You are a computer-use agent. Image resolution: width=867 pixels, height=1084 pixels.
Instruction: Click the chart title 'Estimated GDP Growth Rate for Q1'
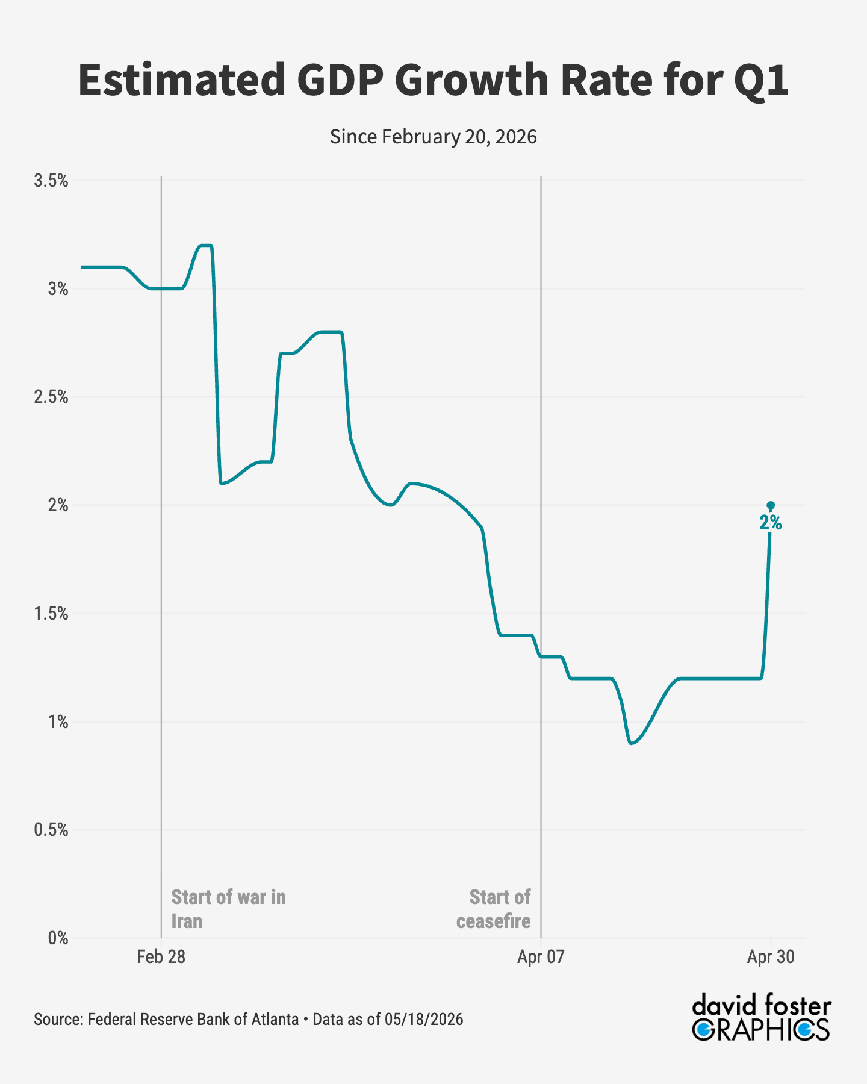click(433, 80)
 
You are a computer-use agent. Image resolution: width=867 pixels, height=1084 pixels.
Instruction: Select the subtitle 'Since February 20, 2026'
click(433, 137)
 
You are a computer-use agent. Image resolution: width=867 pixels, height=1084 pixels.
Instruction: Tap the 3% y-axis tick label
click(58, 289)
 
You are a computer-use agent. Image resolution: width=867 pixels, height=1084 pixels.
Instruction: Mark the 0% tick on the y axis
click(58, 938)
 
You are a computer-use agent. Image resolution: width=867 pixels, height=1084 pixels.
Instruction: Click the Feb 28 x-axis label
click(161, 957)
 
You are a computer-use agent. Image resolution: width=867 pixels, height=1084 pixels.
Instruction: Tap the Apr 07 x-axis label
click(541, 957)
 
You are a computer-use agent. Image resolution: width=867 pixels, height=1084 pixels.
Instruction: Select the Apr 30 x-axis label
click(771, 957)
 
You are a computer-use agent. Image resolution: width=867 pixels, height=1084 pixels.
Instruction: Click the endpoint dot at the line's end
click(771, 505)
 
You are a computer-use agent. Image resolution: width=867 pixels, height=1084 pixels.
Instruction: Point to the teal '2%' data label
click(771, 523)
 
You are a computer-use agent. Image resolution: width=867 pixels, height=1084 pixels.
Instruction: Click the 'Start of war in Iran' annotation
click(229, 909)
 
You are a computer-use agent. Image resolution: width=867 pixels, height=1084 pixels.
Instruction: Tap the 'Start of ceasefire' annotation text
click(494, 909)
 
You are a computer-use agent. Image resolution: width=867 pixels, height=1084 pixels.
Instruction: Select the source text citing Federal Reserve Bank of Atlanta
click(249, 1019)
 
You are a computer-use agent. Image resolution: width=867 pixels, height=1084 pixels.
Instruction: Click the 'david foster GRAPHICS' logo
click(762, 1018)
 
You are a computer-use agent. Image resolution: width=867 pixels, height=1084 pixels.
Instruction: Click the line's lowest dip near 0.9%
click(630, 743)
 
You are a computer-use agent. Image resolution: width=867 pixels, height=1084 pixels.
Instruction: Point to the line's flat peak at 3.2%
click(205, 245)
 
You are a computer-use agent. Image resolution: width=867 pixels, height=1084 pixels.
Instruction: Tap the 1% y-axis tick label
click(58, 722)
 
